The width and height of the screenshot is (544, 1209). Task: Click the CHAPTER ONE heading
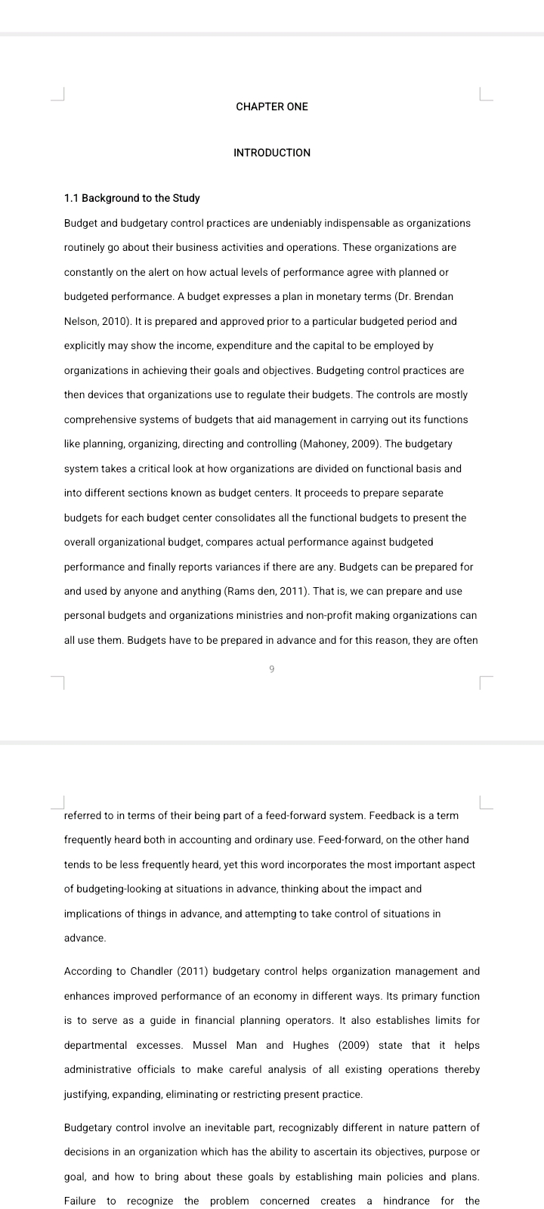point(272,107)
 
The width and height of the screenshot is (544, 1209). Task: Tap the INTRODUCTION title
point(272,153)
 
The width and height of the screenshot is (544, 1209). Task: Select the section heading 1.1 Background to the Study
point(132,198)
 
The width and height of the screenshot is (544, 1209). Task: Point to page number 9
point(271,669)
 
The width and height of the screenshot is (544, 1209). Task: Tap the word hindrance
point(407,1201)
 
